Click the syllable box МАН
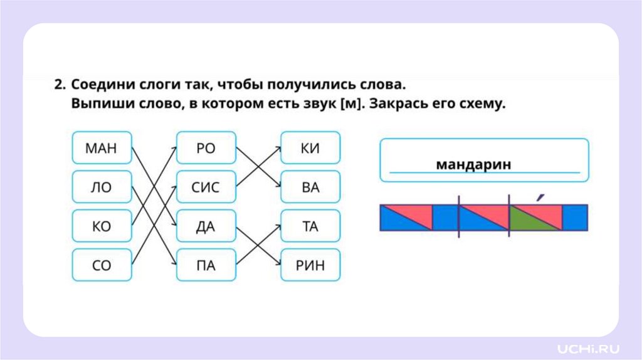point(102,149)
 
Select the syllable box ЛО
point(102,187)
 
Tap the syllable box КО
point(102,226)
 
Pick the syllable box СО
point(102,265)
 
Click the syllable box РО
point(206,149)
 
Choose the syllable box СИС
point(206,187)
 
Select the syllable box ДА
point(206,226)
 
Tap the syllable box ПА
point(206,265)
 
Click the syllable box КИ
point(310,149)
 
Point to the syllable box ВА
point(310,187)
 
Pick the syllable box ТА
point(310,226)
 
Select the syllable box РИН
point(310,265)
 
